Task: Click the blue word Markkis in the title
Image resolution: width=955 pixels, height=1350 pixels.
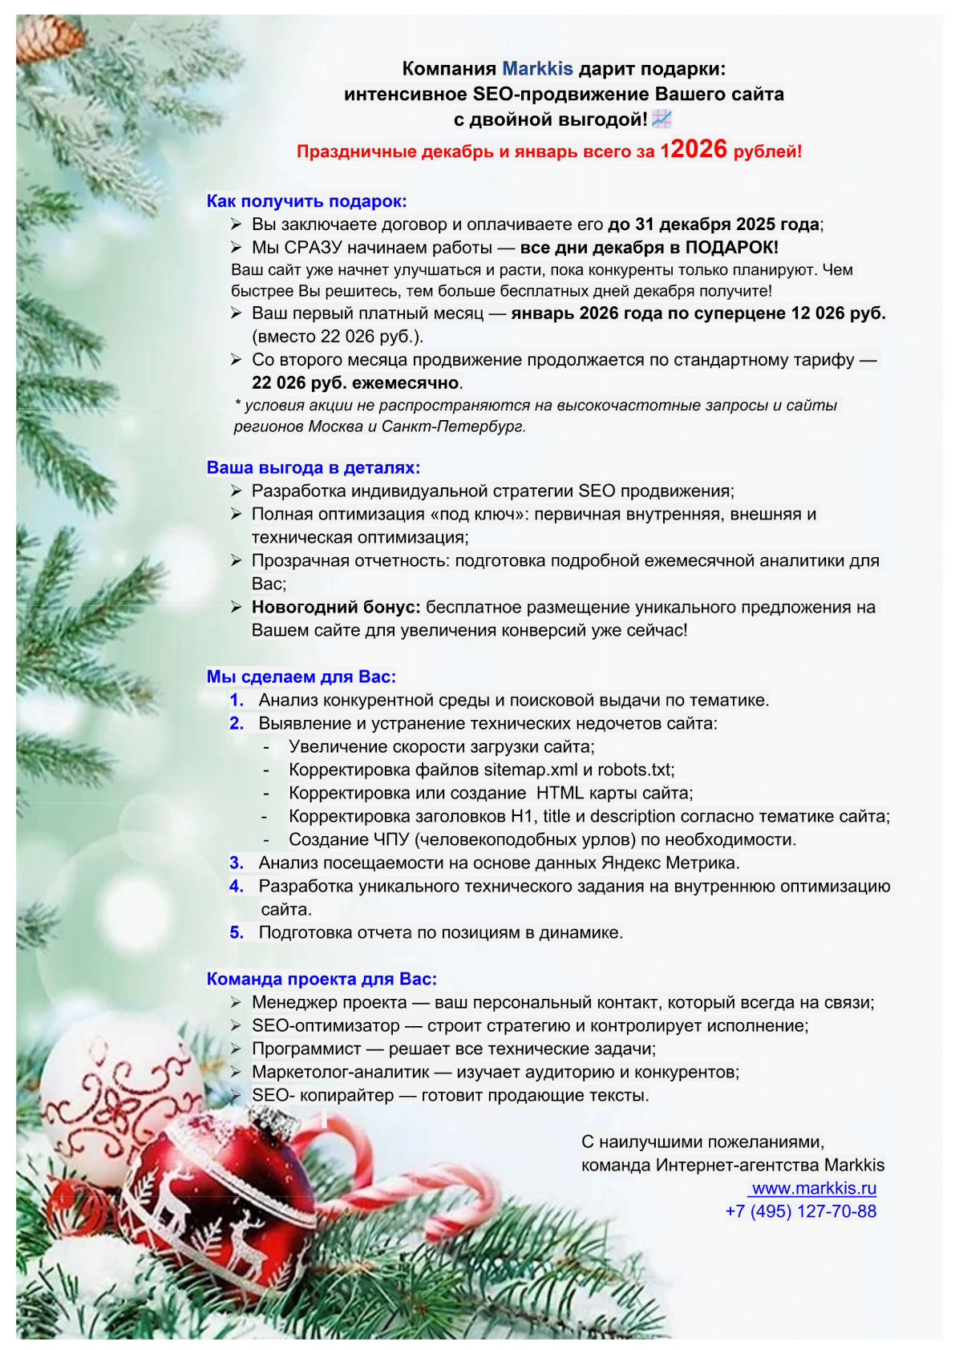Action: [x=537, y=69]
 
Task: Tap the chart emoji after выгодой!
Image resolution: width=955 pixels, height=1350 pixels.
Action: [x=662, y=119]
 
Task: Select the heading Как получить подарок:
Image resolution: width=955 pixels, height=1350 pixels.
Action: [x=306, y=201]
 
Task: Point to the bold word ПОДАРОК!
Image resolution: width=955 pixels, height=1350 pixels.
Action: [x=731, y=248]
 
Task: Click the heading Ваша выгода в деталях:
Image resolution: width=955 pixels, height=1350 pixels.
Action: [x=313, y=467]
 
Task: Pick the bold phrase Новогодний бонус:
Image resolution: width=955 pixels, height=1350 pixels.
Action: [x=336, y=607]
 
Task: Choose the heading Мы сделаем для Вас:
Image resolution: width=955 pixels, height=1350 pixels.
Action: [x=301, y=677]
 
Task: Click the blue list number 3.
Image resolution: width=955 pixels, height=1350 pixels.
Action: [x=237, y=863]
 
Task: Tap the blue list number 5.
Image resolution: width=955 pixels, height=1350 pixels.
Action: [x=237, y=932]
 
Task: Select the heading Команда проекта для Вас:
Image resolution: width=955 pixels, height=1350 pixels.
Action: [x=322, y=979]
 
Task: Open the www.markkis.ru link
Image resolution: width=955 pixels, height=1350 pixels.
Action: [x=813, y=1188]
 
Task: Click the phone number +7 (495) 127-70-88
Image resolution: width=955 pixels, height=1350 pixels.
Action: [x=800, y=1211]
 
